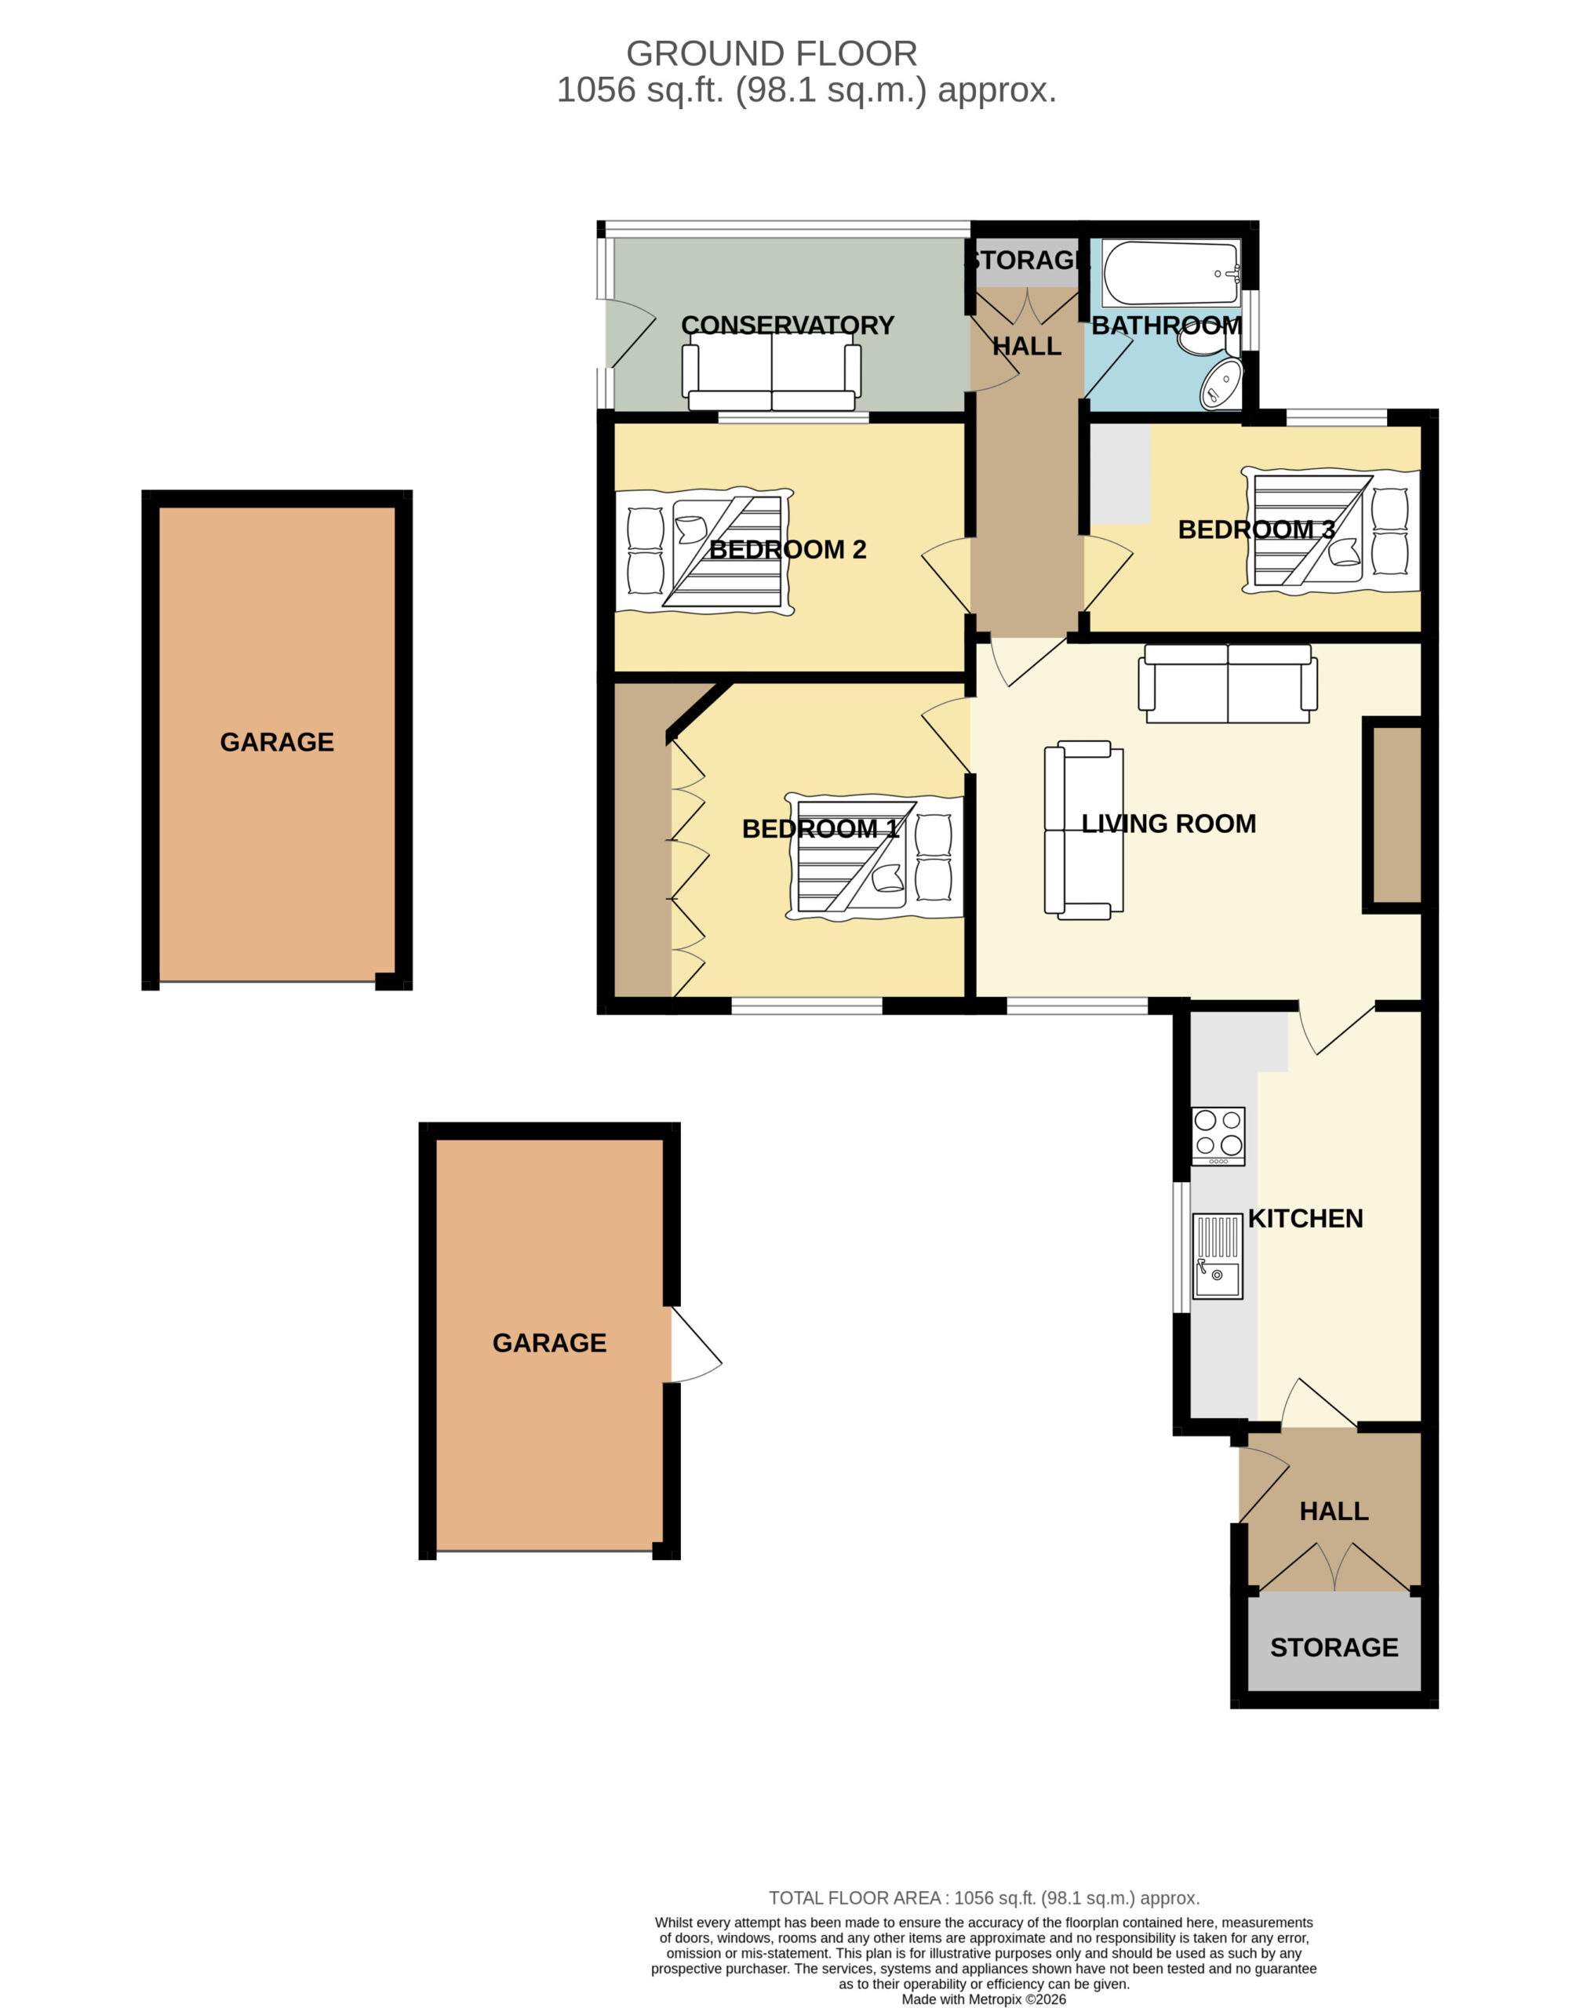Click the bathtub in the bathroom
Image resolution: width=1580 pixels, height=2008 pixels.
click(x=1171, y=272)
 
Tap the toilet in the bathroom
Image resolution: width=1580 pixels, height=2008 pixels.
click(x=1209, y=340)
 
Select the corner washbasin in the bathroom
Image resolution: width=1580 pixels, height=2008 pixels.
click(x=1223, y=384)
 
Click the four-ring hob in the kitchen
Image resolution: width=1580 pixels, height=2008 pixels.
click(x=1218, y=1135)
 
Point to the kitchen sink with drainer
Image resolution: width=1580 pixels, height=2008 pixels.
click(x=1218, y=1256)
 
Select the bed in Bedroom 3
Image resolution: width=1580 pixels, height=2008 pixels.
click(x=1331, y=531)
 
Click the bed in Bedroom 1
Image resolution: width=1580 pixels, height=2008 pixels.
click(x=874, y=856)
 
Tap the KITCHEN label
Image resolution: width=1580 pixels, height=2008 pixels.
click(x=1305, y=1218)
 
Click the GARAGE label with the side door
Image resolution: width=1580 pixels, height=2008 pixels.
click(x=549, y=1342)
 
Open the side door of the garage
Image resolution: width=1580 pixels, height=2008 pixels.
click(x=696, y=1344)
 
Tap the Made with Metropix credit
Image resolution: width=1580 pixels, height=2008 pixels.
click(x=985, y=1999)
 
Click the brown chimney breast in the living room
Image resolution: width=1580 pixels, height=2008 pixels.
click(x=1396, y=814)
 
